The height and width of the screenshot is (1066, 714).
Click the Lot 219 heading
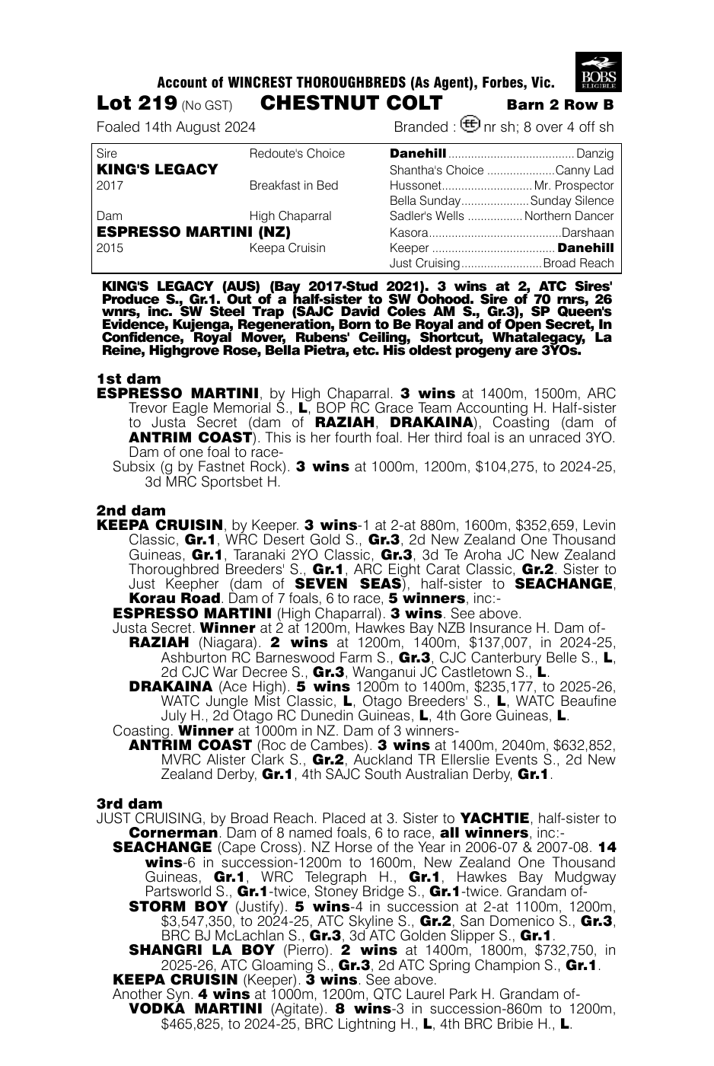coord(137,104)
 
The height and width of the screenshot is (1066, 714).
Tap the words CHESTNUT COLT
coord(351,104)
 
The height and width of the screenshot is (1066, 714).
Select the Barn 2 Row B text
coord(559,105)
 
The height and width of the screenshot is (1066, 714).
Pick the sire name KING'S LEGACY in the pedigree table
coord(158,169)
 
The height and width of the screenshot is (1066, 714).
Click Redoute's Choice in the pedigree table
coord(297,154)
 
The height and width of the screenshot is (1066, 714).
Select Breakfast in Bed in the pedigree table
coord(293,185)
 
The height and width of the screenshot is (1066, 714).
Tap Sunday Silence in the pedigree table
coord(572,201)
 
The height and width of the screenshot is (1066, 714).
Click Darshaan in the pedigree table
coord(587,232)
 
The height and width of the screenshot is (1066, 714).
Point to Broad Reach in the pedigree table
coord(578,263)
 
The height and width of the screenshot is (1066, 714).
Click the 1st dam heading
coord(129,378)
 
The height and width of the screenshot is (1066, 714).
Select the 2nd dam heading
coord(130,510)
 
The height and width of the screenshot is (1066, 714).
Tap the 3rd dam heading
coord(129,803)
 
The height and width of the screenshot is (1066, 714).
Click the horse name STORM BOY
coord(178,907)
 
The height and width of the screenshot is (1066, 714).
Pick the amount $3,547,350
coord(200,921)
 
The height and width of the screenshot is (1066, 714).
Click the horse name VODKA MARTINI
coord(196,1009)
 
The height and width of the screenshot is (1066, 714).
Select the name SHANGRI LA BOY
coord(202,950)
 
